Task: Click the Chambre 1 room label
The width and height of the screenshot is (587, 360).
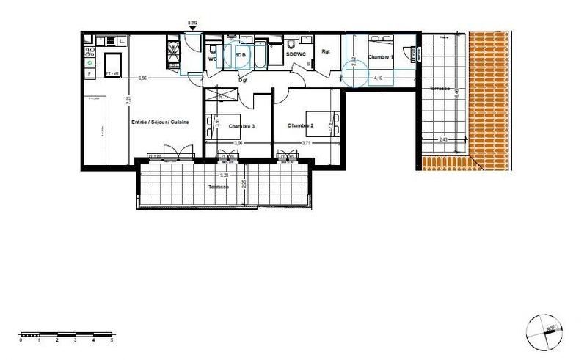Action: [381, 57]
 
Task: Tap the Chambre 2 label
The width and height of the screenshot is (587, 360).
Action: [300, 125]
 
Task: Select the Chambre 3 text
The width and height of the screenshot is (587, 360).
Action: [241, 126]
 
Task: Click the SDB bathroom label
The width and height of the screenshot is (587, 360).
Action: [240, 54]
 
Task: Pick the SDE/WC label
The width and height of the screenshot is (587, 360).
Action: [296, 54]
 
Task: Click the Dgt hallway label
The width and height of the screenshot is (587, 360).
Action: [244, 79]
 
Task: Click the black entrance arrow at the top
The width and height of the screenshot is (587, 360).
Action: [193, 29]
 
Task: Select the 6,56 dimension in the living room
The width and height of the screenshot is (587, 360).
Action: [142, 77]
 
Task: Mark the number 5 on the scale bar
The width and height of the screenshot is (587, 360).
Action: [112, 341]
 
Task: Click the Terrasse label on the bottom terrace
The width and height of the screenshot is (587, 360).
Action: [218, 188]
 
